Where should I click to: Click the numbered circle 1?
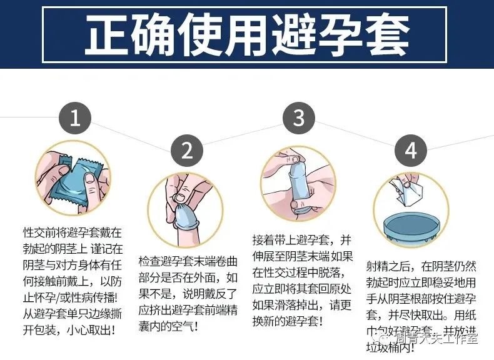coord(75,119)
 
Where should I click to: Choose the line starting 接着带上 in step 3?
coord(298,241)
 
